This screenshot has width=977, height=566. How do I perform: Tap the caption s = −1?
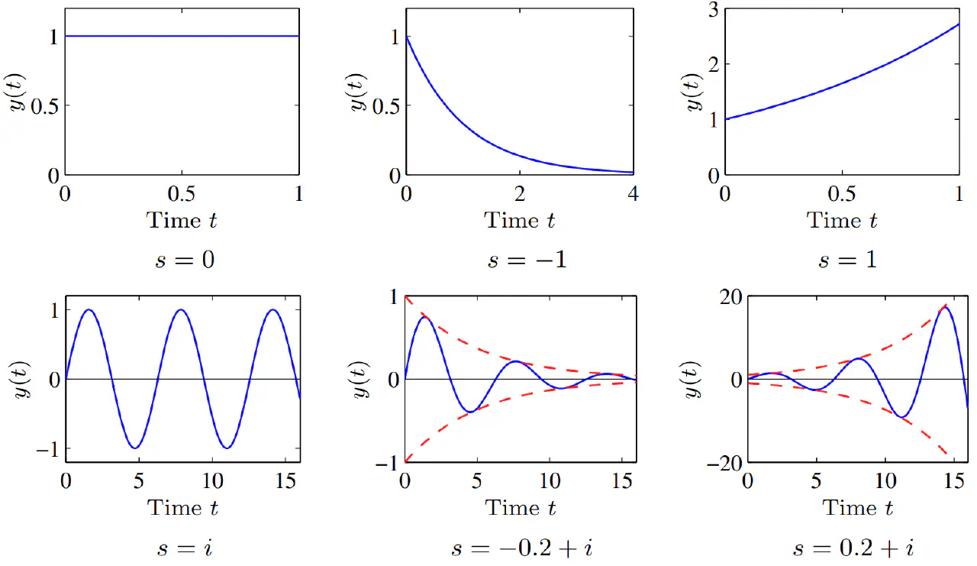pos(527,259)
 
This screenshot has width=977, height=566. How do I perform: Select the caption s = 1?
pos(847,259)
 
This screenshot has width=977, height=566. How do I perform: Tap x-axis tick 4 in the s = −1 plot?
pos(633,194)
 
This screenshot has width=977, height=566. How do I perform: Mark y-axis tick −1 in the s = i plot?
pos(46,448)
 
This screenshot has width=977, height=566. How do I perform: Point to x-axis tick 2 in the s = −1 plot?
pos(519,194)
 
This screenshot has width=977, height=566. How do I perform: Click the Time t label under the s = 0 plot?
pos(182,221)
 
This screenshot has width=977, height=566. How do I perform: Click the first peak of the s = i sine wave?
pos(89,309)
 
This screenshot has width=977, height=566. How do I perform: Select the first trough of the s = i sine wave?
pos(134,448)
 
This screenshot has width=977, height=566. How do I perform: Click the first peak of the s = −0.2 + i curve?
pos(424,316)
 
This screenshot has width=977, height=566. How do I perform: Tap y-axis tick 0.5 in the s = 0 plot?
pos(38,105)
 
